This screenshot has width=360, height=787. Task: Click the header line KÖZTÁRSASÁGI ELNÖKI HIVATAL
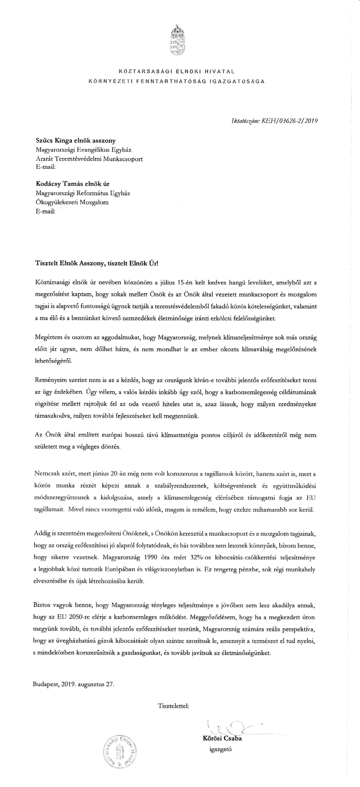[x=177, y=70]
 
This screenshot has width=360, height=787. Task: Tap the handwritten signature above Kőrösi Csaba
[x=232, y=728]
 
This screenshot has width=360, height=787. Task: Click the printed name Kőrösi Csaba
[x=222, y=739]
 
